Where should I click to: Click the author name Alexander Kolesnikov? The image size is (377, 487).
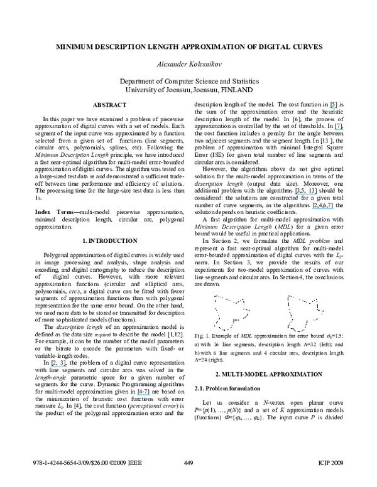(189, 65)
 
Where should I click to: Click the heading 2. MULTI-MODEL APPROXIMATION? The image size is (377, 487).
(267, 374)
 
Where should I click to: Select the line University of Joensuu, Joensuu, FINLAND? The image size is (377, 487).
(189, 90)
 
